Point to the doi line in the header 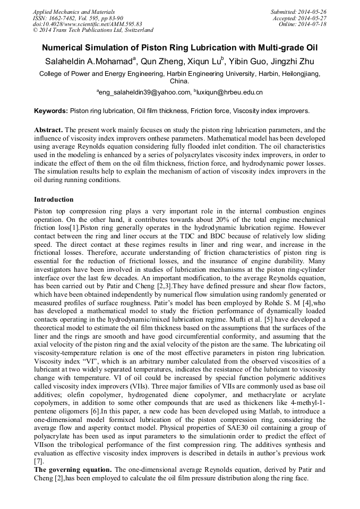87,24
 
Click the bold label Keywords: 51,111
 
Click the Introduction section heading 54,200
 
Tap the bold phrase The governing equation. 73,469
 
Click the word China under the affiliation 179,82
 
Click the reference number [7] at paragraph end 39,461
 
